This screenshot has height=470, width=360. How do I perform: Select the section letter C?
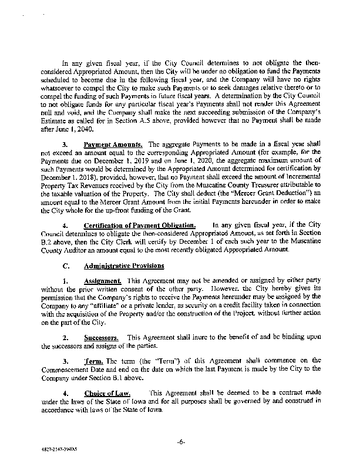[66, 264]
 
